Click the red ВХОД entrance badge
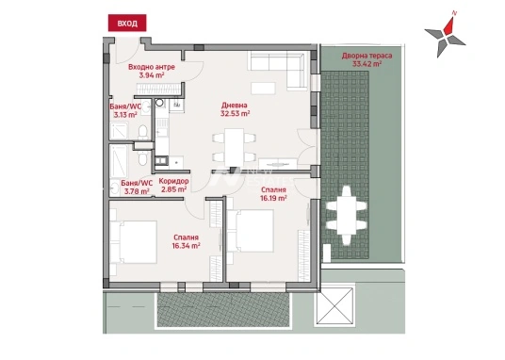(127, 23)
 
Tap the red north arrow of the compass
(449, 25)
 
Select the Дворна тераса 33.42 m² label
(367, 59)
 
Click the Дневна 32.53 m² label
(236, 109)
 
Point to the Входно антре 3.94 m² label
(152, 72)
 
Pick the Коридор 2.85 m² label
(173, 186)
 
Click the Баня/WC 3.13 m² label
(125, 110)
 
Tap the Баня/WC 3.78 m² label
(137, 188)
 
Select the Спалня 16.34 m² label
(187, 241)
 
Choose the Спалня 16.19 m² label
(273, 194)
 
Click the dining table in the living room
(235, 148)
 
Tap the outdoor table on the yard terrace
(346, 215)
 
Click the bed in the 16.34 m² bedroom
(134, 242)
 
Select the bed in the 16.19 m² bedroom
(251, 231)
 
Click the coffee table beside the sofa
(263, 89)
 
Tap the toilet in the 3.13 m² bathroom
(142, 133)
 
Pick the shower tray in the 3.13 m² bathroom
(119, 131)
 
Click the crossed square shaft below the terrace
(334, 306)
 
